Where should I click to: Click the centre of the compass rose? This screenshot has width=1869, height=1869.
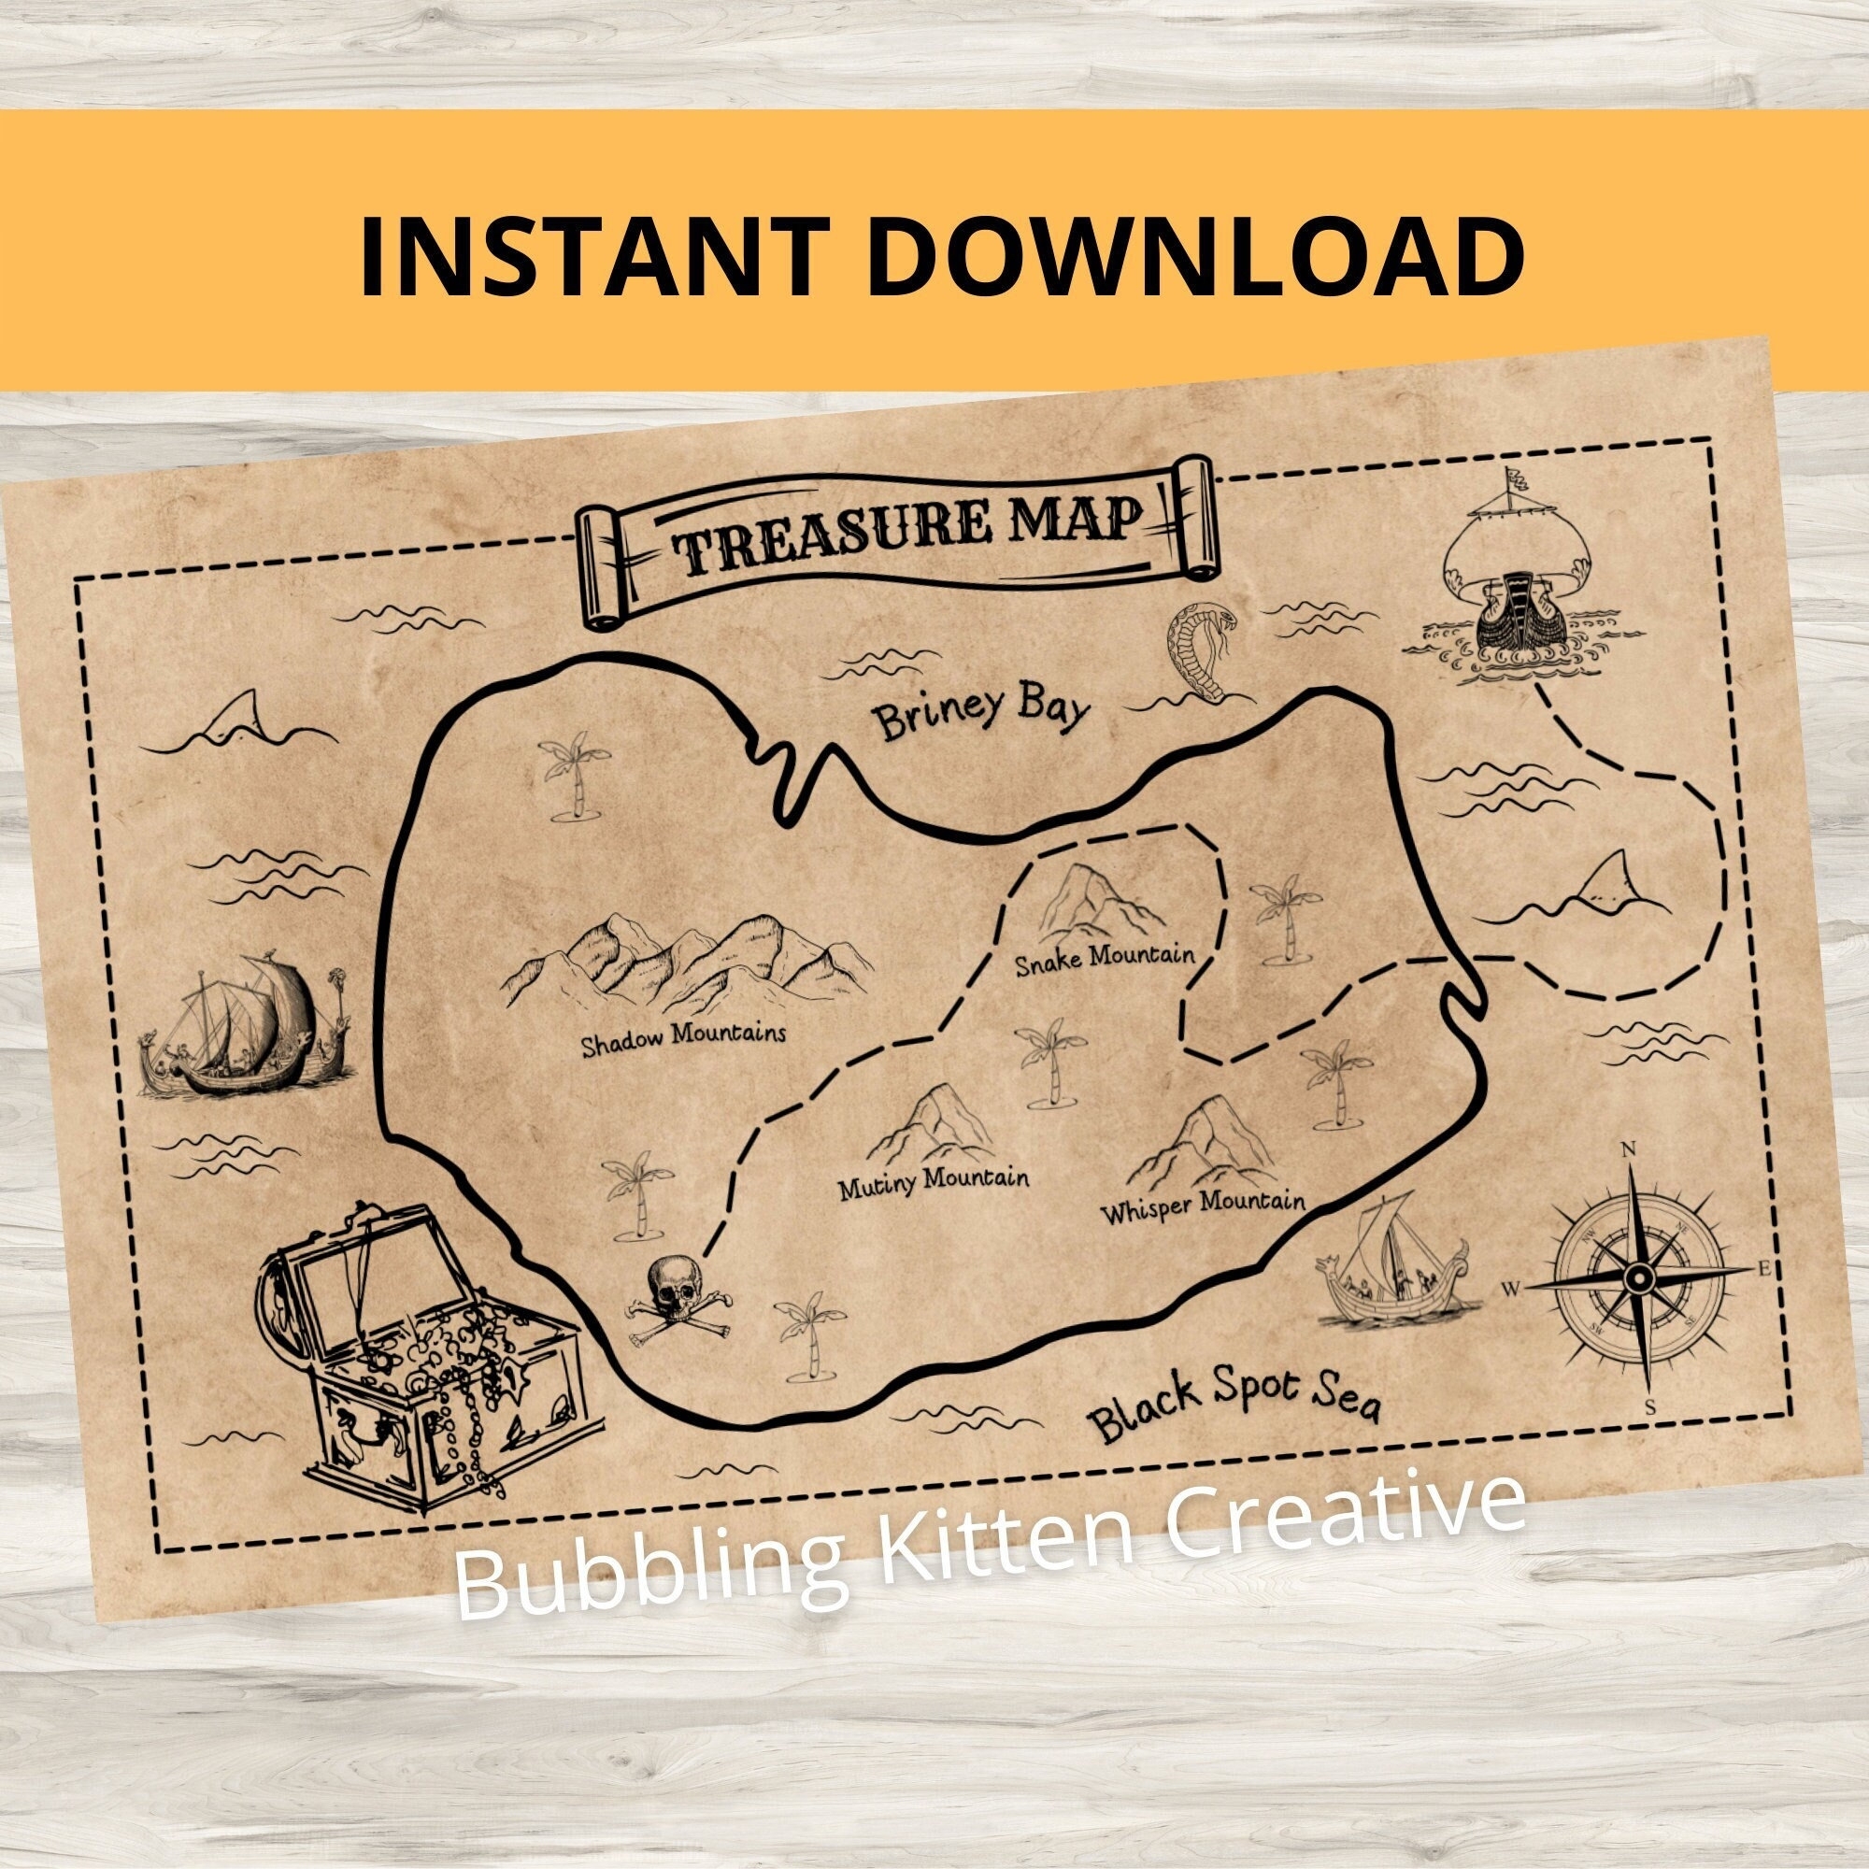1639,1279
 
